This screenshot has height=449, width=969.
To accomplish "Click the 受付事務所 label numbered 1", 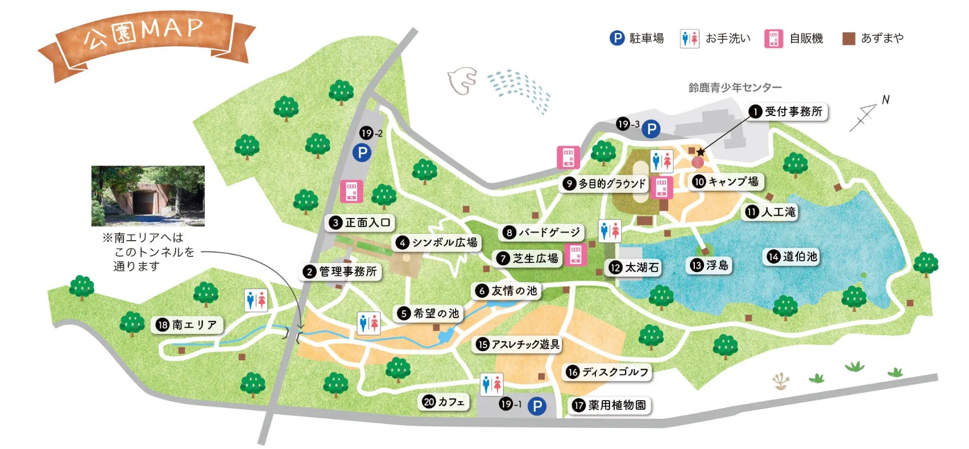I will click(x=788, y=112).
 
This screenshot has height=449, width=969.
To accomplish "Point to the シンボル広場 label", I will click(x=437, y=243).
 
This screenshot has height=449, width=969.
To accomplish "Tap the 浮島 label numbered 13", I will click(x=710, y=265).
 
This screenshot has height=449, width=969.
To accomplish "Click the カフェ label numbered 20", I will click(x=444, y=402).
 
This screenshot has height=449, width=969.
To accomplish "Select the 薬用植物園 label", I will click(x=610, y=405).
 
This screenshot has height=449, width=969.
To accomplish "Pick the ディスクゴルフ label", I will click(x=608, y=372).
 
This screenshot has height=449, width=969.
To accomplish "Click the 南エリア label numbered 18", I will click(x=188, y=325).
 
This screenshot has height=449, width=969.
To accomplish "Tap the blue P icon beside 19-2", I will click(x=362, y=153).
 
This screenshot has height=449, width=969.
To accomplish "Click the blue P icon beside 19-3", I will click(x=651, y=130).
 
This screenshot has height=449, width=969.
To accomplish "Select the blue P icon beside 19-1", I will click(x=537, y=406).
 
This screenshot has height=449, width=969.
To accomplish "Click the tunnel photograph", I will click(x=148, y=196).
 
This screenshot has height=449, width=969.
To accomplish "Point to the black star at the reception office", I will click(x=701, y=152).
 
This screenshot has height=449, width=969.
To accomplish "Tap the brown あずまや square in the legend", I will click(x=849, y=39).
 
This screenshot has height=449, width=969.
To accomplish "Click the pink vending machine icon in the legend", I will click(x=773, y=39).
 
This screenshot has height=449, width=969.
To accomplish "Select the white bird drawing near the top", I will click(x=462, y=81).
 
